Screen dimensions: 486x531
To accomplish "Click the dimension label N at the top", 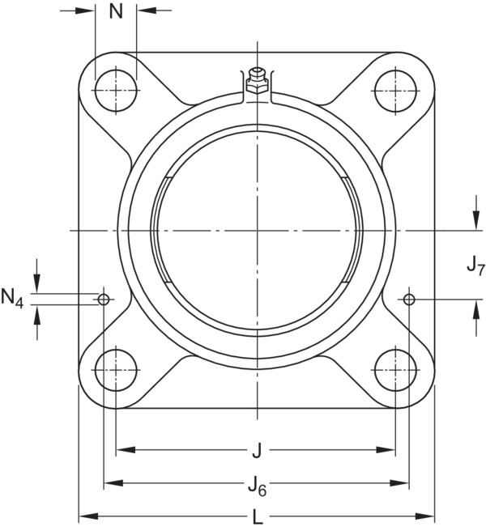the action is (x=116, y=11).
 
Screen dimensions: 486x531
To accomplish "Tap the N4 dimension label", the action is (x=12, y=299).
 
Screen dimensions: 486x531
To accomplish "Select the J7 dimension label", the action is (x=475, y=265).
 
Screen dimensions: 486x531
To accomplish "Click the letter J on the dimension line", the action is (x=257, y=451).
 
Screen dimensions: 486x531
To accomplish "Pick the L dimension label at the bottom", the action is (x=258, y=516).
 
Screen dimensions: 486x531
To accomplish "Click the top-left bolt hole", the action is (x=116, y=91).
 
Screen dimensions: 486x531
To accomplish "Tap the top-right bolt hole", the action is (x=395, y=91).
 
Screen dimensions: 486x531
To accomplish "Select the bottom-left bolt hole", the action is (x=116, y=370).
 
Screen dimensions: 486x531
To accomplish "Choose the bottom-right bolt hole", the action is (x=395, y=370).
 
